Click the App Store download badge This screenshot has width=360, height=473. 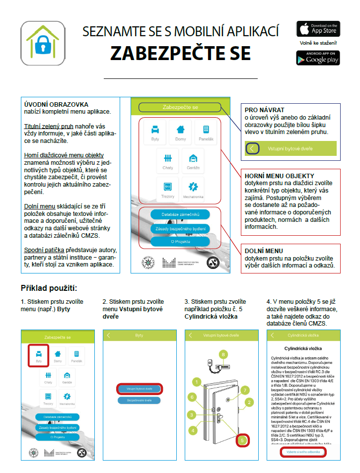(318, 29)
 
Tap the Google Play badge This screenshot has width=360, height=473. (318, 58)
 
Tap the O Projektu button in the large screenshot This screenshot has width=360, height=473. (180, 241)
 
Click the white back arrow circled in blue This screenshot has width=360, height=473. (253, 148)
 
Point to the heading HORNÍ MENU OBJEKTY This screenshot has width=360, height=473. (280, 176)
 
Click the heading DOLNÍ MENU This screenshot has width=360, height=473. (264, 251)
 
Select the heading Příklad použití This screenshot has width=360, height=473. (49, 288)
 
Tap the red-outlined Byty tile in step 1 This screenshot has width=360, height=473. (38, 356)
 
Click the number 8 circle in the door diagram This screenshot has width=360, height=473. (223, 354)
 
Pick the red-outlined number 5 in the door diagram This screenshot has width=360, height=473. (242, 439)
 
